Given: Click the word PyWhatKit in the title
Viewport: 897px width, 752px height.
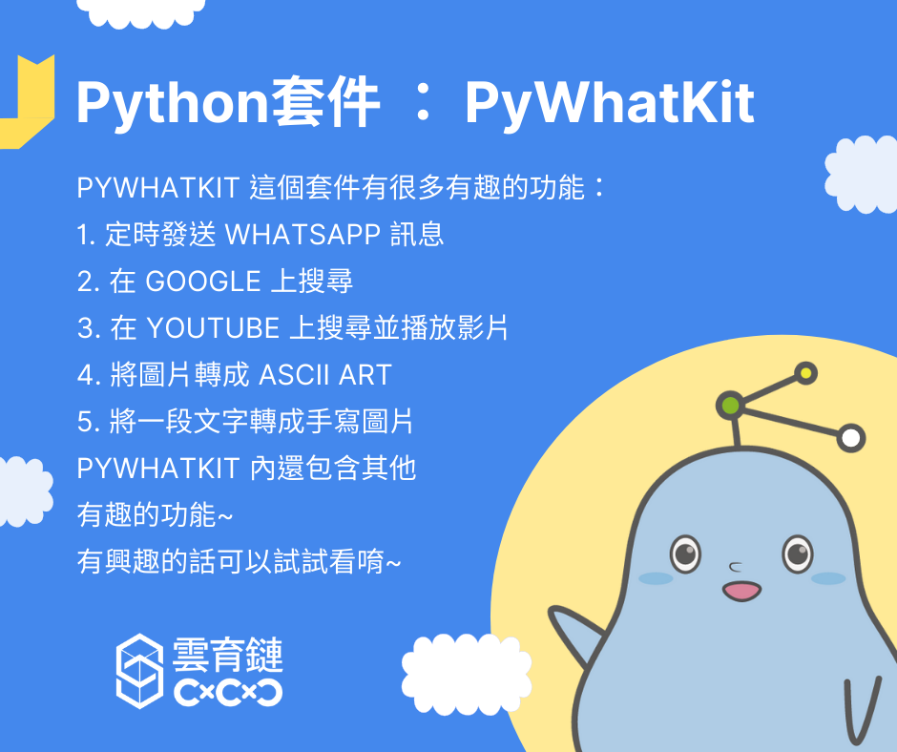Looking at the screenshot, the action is point(610,104).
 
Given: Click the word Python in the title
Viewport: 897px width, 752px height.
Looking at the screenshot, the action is point(172,104).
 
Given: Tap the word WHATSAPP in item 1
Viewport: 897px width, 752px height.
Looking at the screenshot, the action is point(303,235).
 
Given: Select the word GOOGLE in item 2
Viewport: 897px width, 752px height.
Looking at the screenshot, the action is point(203,282).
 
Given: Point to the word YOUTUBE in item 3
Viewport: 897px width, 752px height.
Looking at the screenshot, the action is point(214,328).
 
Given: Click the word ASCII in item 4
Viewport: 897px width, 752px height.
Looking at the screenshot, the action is point(295,375).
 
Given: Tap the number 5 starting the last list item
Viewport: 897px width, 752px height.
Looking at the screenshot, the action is point(85,423).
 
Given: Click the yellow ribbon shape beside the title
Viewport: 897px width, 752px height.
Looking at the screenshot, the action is point(28,102).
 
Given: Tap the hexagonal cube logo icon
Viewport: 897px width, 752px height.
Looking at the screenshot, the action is point(139,671).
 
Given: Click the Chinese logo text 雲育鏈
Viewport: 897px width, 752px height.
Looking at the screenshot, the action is point(228,655).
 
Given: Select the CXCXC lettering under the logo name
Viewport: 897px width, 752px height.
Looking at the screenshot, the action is point(228,693).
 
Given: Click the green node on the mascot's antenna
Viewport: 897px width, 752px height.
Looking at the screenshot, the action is point(731,406).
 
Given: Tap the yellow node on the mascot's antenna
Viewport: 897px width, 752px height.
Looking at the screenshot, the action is point(806,373).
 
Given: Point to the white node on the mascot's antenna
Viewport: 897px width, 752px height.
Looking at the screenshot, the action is point(851,438).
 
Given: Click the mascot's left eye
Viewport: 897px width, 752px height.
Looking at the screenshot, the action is point(685,554).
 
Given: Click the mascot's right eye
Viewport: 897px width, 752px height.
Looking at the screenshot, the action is point(798,554).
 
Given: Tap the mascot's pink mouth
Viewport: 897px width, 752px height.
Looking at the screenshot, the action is point(742,591).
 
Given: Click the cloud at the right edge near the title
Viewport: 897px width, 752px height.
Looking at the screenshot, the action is point(862,175).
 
